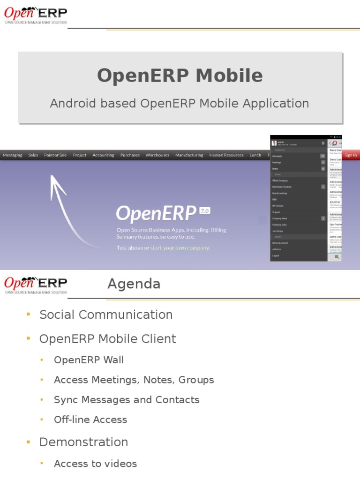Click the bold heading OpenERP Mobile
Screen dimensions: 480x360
(x=180, y=76)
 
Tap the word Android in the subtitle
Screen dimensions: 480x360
(x=68, y=104)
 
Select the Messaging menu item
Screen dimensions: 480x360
(x=13, y=155)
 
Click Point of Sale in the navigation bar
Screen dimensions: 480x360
(x=55, y=155)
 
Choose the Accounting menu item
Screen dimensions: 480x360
(x=103, y=155)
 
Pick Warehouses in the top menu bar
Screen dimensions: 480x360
(x=157, y=155)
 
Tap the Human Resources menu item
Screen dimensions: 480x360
(x=226, y=155)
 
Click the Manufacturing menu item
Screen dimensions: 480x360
(x=189, y=155)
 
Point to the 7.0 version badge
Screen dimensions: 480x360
(x=205, y=211)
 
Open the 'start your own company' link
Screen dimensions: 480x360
(x=180, y=248)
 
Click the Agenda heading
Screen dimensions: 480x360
(x=134, y=284)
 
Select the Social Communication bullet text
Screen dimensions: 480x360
(x=106, y=315)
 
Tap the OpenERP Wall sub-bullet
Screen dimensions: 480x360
(x=89, y=360)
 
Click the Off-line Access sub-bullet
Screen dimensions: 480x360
(x=90, y=420)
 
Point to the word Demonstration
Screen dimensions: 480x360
(x=83, y=442)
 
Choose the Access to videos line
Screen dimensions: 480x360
(x=95, y=464)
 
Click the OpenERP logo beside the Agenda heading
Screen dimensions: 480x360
(x=36, y=285)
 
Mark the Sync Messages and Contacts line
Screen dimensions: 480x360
(x=127, y=400)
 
